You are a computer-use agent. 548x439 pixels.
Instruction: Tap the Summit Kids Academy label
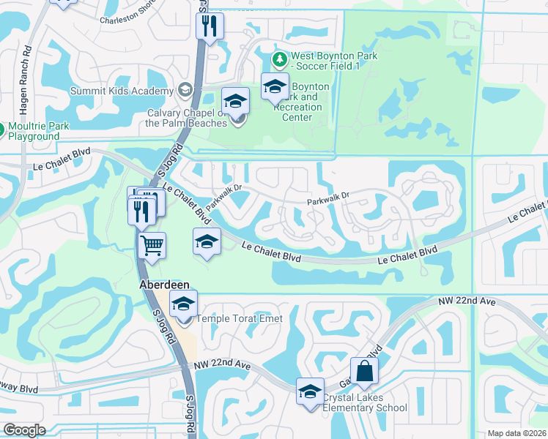(x=122, y=91)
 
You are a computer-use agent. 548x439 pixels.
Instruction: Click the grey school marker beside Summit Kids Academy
(x=185, y=90)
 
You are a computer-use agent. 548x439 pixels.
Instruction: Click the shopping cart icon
(x=152, y=244)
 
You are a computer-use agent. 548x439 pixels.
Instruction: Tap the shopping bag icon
(x=364, y=371)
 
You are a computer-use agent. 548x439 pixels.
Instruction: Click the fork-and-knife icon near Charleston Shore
(x=210, y=26)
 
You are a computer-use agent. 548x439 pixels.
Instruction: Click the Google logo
(x=24, y=430)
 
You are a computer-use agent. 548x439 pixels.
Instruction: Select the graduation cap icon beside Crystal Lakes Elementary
(x=310, y=391)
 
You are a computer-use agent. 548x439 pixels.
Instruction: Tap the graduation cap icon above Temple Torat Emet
(x=183, y=304)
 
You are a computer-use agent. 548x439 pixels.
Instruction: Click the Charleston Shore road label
(x=127, y=21)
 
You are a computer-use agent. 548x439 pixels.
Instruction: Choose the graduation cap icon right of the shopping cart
(x=207, y=241)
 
